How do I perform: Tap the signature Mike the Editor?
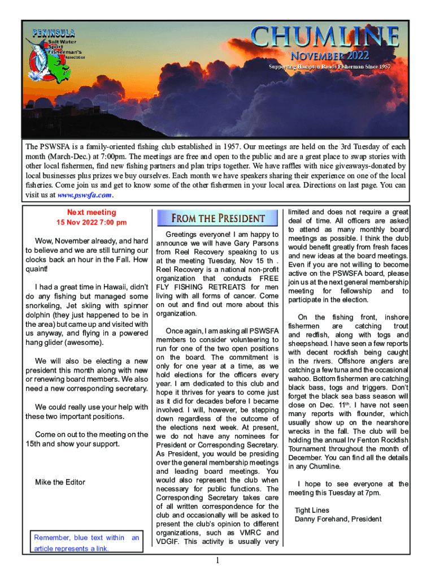60,482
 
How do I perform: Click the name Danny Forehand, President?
338,519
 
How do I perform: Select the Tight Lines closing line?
312,510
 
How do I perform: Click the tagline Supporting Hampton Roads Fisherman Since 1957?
329,67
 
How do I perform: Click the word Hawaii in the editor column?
117,287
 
